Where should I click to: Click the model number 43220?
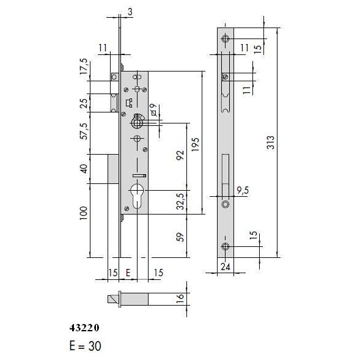pos(84,328)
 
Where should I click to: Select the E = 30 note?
pos(86,346)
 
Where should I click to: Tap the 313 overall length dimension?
pos(271,142)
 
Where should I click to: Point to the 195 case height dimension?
pos(196,144)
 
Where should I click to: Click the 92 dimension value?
pos(180,155)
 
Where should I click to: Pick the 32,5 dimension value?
pos(182,201)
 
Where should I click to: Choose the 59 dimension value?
pos(182,237)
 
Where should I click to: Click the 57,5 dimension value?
pos(84,131)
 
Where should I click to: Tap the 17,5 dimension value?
pos(84,67)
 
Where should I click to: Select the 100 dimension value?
pos(84,213)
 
